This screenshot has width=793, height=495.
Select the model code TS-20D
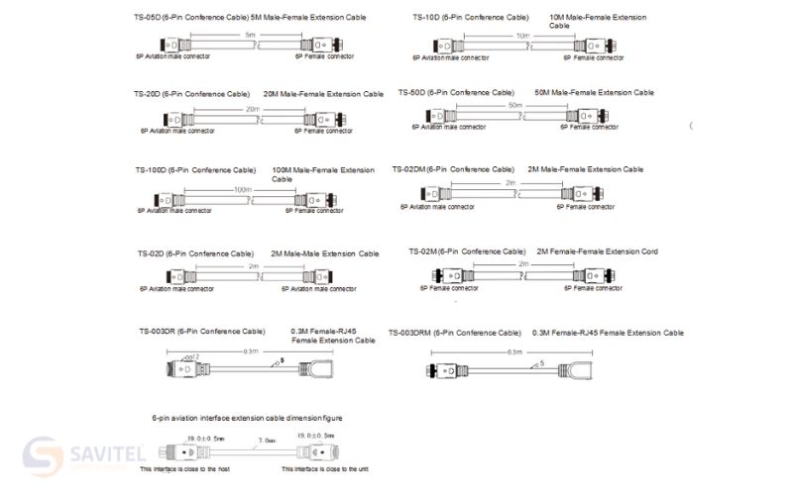tap(148, 94)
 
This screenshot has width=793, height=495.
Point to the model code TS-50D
tap(412, 93)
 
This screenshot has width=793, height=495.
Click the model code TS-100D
tap(151, 170)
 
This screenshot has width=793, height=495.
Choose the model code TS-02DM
tap(408, 169)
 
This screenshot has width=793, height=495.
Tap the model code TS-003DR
tap(156, 331)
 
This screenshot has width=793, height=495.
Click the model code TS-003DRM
tap(409, 333)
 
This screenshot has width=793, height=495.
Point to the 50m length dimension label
tap(514, 105)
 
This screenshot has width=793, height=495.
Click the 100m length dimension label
tap(242, 189)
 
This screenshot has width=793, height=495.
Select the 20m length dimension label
tap(253, 109)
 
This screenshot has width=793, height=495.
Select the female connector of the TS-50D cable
tap(592, 116)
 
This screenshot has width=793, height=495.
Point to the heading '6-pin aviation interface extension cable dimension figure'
tap(248, 419)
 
